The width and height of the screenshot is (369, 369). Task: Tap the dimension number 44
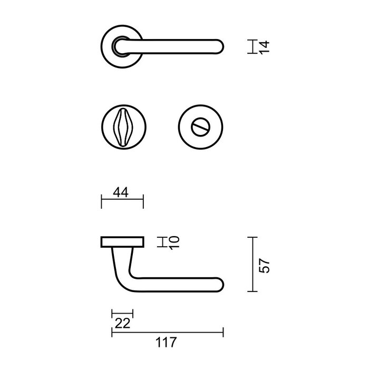[x=121, y=193]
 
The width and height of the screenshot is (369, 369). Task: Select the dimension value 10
[x=176, y=242]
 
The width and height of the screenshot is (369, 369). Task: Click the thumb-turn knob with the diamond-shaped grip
[x=122, y=128]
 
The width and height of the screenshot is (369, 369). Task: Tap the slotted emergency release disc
[x=201, y=128]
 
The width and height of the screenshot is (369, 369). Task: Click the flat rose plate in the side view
[x=122, y=242]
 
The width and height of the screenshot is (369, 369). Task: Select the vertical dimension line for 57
[x=254, y=265]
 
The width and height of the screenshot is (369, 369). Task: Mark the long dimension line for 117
[x=167, y=332]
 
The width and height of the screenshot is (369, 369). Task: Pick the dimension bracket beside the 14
[x=254, y=46]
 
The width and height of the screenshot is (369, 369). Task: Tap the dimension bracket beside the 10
[x=164, y=242]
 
